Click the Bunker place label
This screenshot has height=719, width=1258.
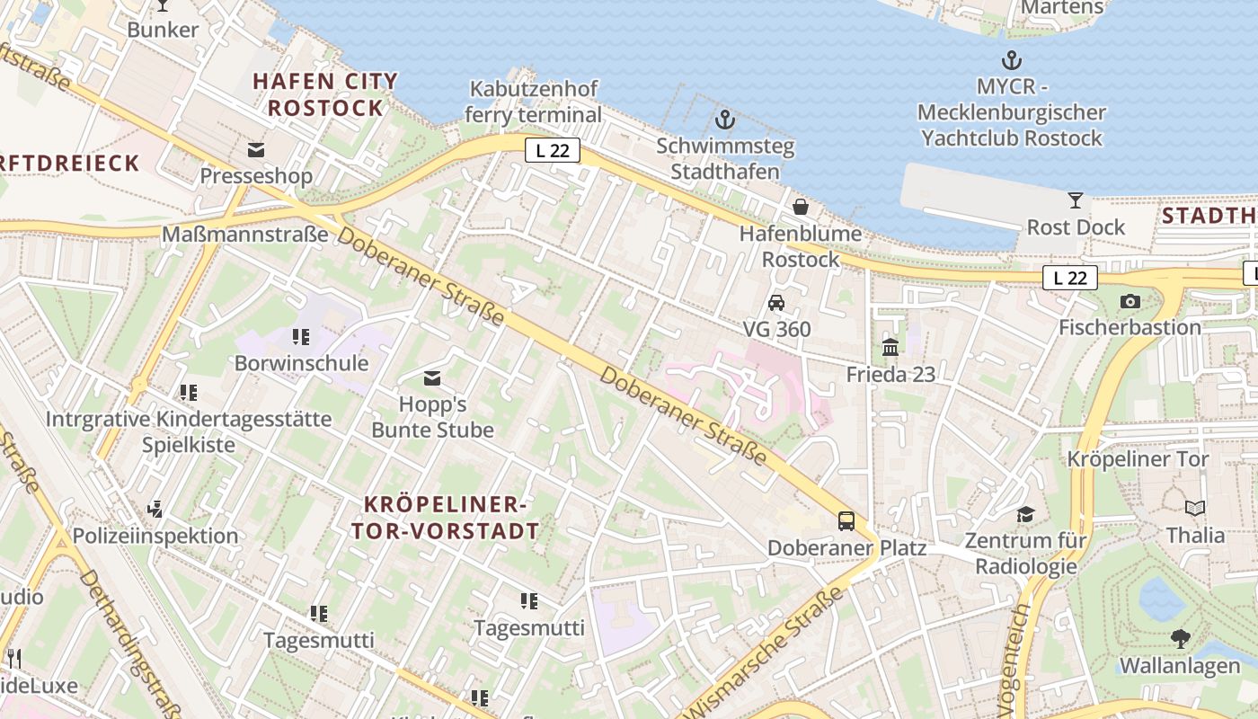[x=163, y=30]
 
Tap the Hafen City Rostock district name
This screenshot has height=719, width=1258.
[x=325, y=94]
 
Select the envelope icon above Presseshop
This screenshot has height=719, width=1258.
[x=257, y=149]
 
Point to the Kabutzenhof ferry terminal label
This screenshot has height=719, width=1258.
[x=534, y=102]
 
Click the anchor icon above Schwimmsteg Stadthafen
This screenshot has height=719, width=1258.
[x=724, y=120]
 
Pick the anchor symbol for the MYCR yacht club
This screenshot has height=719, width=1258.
[x=1012, y=61]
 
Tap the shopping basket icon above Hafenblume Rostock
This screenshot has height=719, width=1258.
[x=800, y=207]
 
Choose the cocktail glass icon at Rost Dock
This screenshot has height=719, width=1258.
[x=1075, y=200]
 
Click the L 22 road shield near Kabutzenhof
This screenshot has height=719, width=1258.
[x=552, y=151]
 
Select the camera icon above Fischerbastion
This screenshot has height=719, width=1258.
[x=1130, y=301]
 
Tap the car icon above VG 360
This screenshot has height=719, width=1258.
[x=776, y=303]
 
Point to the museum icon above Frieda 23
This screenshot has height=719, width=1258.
[x=890, y=348]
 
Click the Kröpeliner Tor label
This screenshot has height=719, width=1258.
[x=1138, y=459]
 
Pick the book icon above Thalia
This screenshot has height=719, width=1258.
[x=1194, y=509]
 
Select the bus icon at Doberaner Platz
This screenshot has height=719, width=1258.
[x=846, y=520]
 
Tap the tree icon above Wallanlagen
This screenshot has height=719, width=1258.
[x=1180, y=639]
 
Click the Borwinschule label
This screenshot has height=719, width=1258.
[x=301, y=363]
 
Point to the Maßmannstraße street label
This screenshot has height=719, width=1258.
[x=244, y=235]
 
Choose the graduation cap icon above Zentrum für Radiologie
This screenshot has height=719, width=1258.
[x=1025, y=514]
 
